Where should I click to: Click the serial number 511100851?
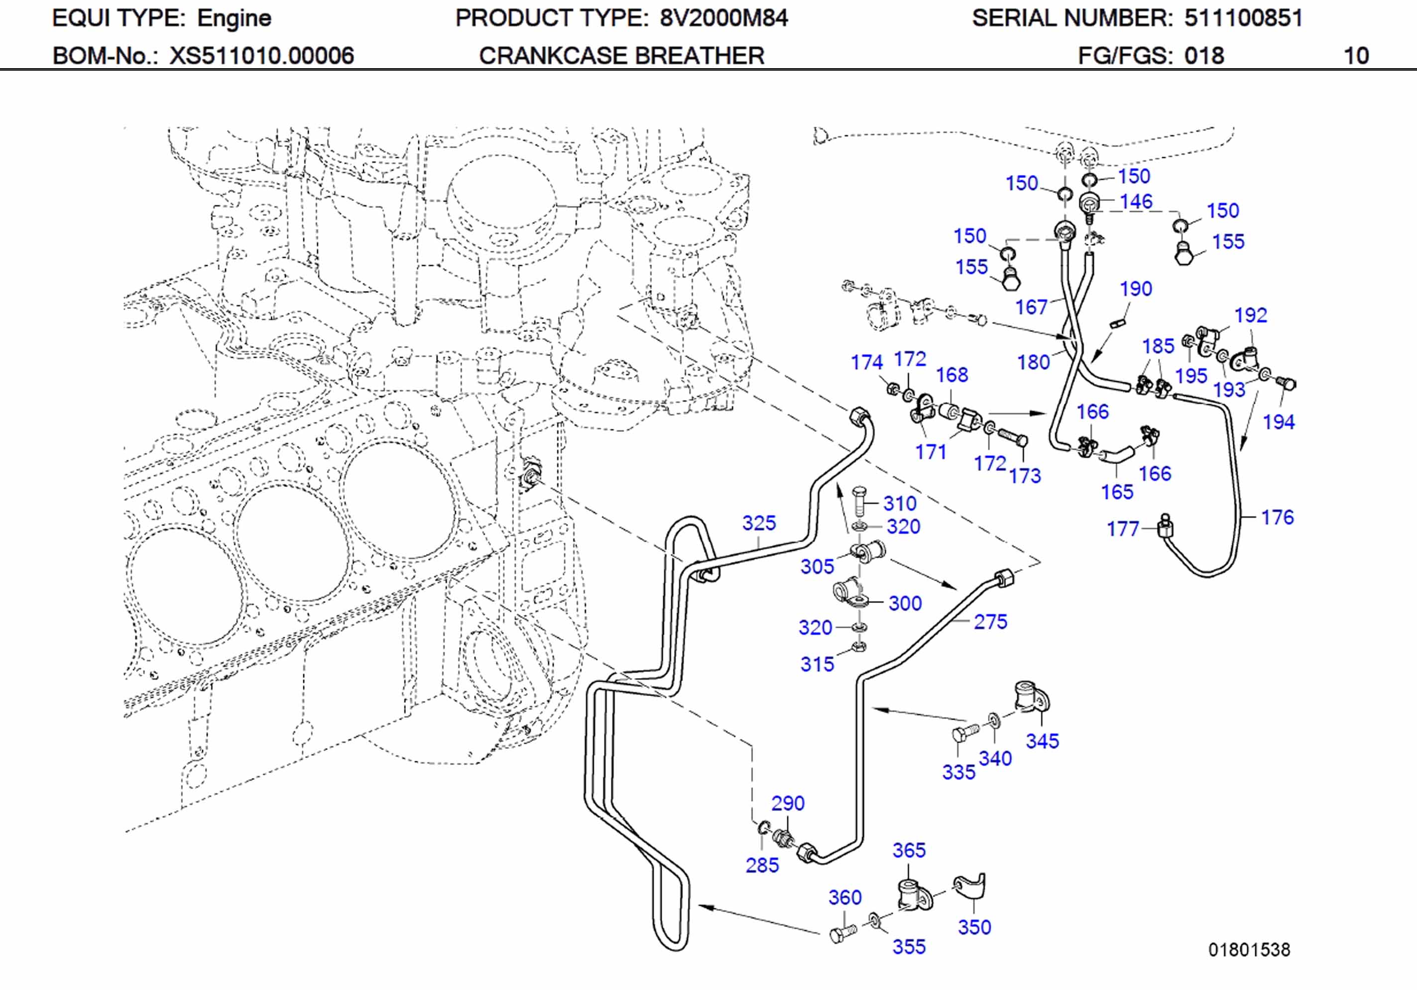[1242, 18]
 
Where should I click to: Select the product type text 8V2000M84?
[723, 18]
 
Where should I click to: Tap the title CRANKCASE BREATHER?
[621, 56]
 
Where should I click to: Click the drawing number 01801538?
[1249, 949]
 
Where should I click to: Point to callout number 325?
[758, 523]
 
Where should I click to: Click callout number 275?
[990, 622]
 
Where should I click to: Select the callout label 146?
[1136, 201]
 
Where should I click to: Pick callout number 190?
[1136, 289]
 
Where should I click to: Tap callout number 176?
[1277, 517]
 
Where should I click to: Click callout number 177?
[1122, 529]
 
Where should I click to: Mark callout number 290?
[788, 803]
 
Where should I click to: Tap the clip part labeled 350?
[971, 887]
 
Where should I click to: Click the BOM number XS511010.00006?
[262, 56]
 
